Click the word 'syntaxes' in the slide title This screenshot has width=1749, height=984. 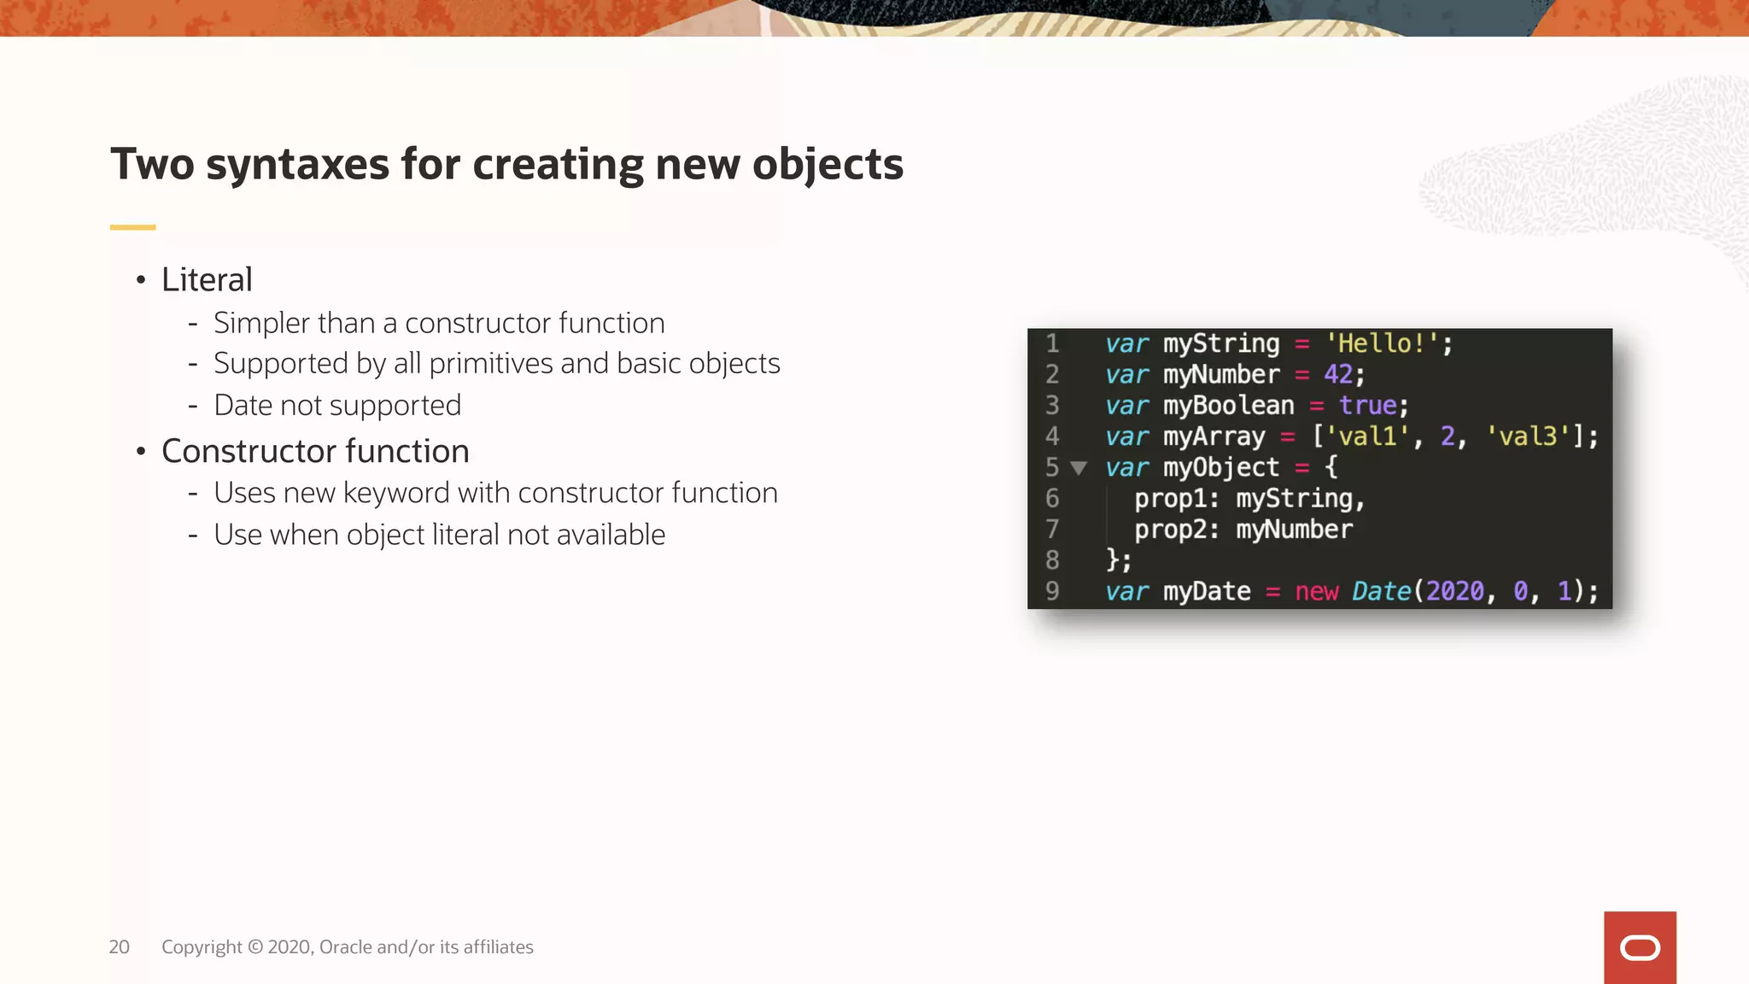pos(297,164)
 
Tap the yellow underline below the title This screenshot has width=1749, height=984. pos(132,227)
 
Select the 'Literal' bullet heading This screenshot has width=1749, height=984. pos(207,279)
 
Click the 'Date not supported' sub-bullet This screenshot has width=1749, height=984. pos(336,405)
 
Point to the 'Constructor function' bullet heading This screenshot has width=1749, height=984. pos(315,451)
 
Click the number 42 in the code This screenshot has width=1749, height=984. pos(1338,374)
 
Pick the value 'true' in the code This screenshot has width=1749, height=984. pos(1367,406)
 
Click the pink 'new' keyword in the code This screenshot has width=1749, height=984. pos(1316,591)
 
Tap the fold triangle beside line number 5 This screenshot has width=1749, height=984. pos(1079,468)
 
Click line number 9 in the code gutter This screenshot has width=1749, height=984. pos(1052,591)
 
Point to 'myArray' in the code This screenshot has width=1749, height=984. pos(1214,436)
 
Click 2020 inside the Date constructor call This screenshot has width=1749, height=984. pos(1455,591)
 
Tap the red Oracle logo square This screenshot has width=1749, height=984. pos(1640,947)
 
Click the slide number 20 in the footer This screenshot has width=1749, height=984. pos(119,947)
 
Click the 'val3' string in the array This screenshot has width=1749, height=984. pos(1529,436)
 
